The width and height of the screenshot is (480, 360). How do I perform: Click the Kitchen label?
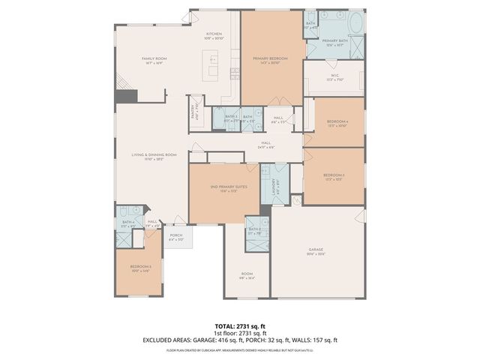point(214,34)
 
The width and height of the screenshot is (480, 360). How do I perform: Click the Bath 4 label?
point(128,223)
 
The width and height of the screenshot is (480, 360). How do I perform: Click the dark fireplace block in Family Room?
point(129,96)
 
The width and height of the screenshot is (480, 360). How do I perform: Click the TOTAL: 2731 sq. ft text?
point(239,326)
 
